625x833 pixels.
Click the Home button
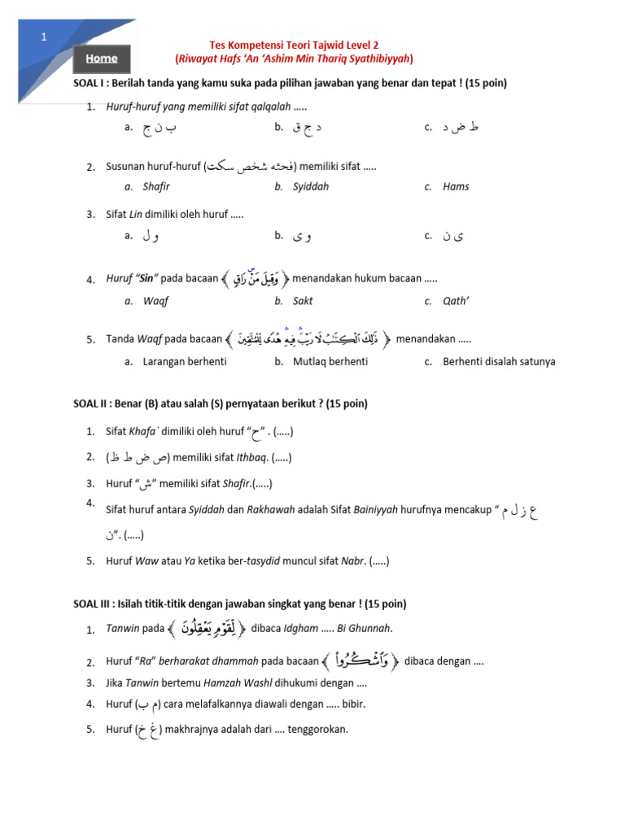click(102, 59)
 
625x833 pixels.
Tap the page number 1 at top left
click(45, 37)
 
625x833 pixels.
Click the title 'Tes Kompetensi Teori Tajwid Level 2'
click(294, 46)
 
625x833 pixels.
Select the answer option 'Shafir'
click(156, 186)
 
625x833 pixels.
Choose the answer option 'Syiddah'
click(311, 186)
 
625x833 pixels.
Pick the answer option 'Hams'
click(456, 186)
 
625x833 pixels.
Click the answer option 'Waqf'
click(155, 301)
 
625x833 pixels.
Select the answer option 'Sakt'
click(303, 301)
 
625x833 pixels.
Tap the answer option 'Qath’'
click(457, 301)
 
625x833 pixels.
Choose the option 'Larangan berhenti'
click(185, 361)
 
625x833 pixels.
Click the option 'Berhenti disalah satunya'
click(499, 361)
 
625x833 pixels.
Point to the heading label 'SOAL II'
click(90, 403)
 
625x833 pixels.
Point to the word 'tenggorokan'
click(317, 729)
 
